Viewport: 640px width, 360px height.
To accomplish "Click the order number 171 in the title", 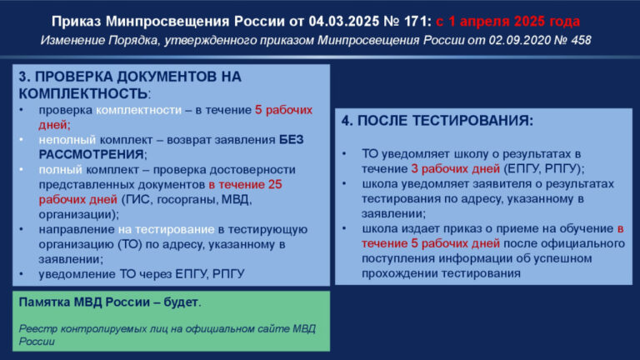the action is tap(416, 21).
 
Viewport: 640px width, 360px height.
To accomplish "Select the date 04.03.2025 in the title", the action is tap(344, 21).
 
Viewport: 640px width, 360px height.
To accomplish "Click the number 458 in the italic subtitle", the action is tap(581, 40).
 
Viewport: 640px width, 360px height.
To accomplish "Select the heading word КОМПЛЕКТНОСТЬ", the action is tap(82, 94).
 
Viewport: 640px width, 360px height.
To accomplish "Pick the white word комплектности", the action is tap(139, 110).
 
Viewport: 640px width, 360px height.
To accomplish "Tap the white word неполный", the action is tap(67, 140).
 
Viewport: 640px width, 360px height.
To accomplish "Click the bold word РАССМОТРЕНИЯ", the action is tap(91, 155).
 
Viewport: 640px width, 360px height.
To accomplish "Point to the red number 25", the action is tap(275, 184).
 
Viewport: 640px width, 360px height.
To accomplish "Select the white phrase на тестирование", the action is tap(166, 230).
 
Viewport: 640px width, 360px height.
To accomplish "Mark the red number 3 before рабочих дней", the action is tap(415, 169).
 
